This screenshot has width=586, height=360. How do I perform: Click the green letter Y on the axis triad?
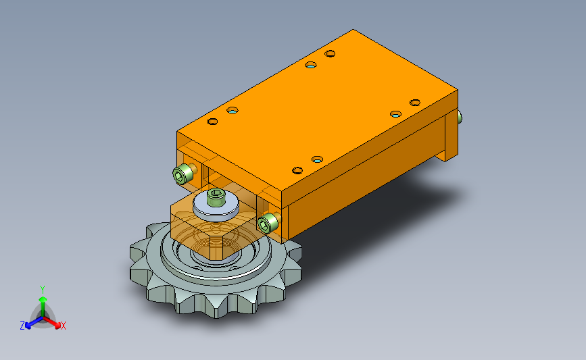point(43,290)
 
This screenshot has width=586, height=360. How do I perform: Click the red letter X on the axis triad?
point(63,326)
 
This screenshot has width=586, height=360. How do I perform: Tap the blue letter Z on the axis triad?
point(22,326)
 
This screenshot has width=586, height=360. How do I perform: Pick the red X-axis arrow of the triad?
point(52,322)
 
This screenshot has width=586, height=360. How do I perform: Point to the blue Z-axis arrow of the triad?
point(34,323)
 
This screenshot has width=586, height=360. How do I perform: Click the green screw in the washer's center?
point(216,197)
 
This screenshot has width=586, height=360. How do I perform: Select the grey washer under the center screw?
point(216,207)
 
